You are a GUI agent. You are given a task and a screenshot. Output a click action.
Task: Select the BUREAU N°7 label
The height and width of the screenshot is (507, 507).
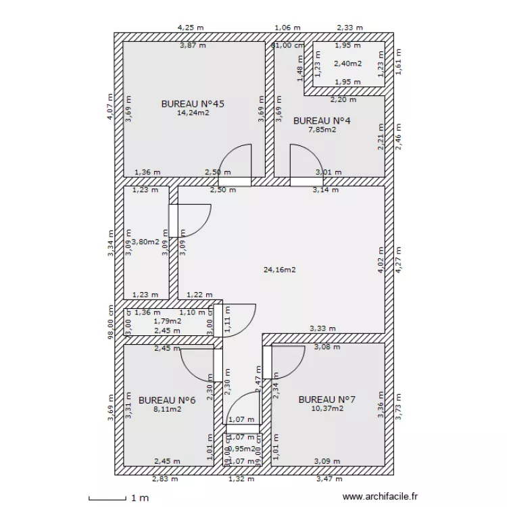327,400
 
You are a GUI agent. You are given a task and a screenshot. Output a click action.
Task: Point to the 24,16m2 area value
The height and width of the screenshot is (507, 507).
279,270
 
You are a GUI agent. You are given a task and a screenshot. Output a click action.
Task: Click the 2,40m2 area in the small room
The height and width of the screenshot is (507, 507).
347,64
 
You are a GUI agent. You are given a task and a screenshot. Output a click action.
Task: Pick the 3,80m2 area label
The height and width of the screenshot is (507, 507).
146,241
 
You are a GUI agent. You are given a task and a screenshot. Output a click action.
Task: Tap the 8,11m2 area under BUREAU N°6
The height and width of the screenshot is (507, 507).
166,409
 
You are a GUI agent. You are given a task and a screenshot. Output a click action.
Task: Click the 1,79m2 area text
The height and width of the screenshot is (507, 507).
167,321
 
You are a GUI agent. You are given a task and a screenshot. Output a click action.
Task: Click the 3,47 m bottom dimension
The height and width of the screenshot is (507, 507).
329,479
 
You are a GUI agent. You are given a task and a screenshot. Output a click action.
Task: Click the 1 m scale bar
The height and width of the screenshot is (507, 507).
119,498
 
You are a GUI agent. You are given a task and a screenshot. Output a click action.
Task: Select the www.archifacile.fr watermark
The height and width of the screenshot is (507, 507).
381,497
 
